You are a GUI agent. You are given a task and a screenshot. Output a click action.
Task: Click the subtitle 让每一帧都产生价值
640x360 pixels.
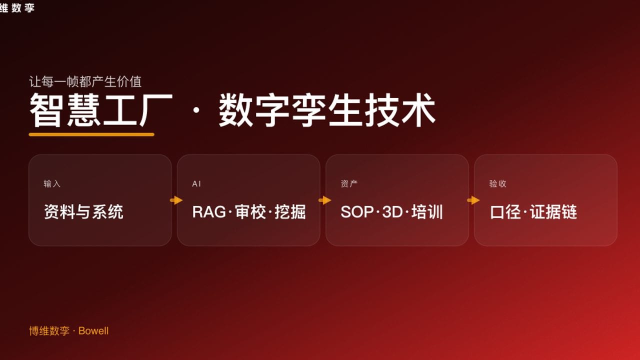pos(85,81)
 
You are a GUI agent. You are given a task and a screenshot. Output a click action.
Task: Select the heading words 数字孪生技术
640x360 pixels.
pos(327,110)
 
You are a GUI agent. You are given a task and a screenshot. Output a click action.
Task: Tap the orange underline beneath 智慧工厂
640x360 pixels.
pos(91,134)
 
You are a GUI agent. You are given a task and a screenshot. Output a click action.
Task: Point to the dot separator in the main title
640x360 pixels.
pos(195,111)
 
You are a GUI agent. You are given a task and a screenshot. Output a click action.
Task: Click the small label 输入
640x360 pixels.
pos(52,184)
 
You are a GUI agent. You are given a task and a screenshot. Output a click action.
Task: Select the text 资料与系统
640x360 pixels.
pos(83,212)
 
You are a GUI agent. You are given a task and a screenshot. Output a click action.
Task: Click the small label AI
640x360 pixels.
pos(196,184)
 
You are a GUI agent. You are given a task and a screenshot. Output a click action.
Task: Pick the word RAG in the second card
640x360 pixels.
pos(209,212)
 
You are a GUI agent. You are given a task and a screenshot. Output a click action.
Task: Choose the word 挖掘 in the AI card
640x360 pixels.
pos(290,212)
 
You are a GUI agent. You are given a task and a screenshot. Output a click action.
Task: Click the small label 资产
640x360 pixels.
pos(349,184)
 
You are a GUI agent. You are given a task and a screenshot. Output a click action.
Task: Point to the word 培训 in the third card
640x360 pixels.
pos(427,212)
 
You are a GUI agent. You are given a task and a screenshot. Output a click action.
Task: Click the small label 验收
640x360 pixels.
pos(498,184)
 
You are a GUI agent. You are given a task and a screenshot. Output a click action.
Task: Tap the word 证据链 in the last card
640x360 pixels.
pos(553,212)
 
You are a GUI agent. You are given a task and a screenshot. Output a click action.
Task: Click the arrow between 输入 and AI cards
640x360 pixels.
pos(176,200)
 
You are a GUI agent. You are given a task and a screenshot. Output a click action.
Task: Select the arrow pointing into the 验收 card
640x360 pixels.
pos(473,200)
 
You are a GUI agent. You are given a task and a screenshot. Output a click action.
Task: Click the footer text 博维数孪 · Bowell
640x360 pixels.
pos(69,331)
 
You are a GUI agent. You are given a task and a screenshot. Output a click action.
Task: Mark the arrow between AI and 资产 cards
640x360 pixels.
pos(324,200)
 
